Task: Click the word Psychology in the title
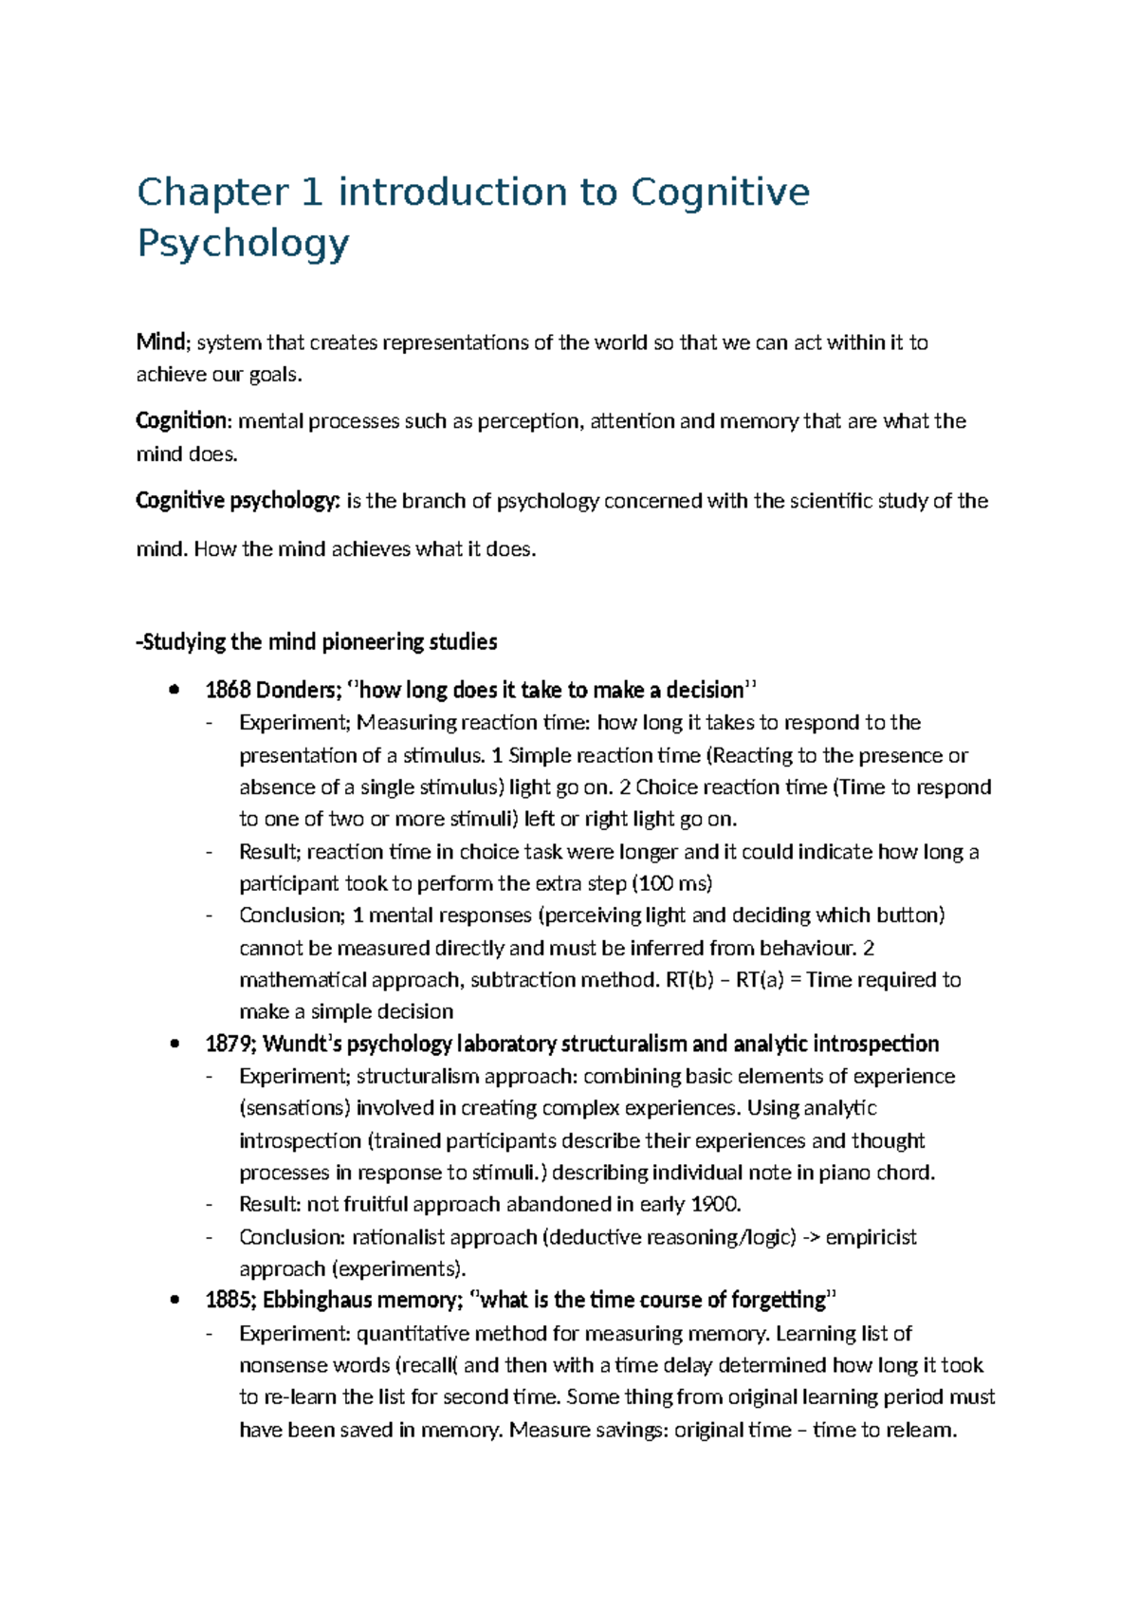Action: (x=243, y=243)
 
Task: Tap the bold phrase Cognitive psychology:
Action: (x=237, y=501)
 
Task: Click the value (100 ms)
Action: (x=671, y=884)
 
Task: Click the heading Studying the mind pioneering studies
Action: (x=317, y=642)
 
